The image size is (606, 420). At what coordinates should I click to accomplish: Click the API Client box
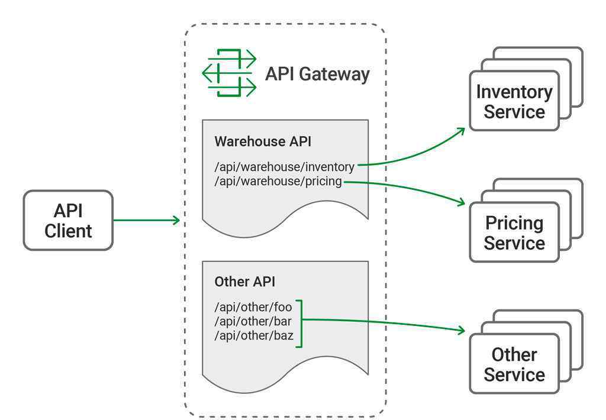click(x=68, y=220)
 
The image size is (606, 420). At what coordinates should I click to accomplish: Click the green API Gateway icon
click(x=229, y=73)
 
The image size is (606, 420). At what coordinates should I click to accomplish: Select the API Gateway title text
click(x=317, y=74)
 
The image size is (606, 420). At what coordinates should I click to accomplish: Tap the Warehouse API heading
click(x=263, y=141)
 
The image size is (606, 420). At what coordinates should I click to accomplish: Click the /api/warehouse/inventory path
click(x=285, y=167)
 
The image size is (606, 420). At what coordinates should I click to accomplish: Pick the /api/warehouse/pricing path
click(x=278, y=181)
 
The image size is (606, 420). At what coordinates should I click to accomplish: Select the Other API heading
click(x=244, y=282)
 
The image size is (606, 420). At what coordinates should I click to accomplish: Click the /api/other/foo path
click(x=253, y=307)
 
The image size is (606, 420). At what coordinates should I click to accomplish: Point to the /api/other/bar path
click(x=253, y=321)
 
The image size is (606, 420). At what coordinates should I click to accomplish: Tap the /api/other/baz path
click(x=254, y=336)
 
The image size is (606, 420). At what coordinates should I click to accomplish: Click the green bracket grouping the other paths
click(x=301, y=324)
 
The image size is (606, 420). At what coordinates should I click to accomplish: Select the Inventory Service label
click(x=514, y=102)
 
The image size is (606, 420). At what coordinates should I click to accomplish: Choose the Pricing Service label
click(x=514, y=233)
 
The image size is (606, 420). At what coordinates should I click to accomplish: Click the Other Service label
click(x=514, y=364)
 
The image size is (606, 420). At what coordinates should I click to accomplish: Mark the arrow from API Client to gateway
click(x=147, y=220)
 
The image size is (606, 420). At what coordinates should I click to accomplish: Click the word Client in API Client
click(x=68, y=231)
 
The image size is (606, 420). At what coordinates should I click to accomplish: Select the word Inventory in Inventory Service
click(x=514, y=92)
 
